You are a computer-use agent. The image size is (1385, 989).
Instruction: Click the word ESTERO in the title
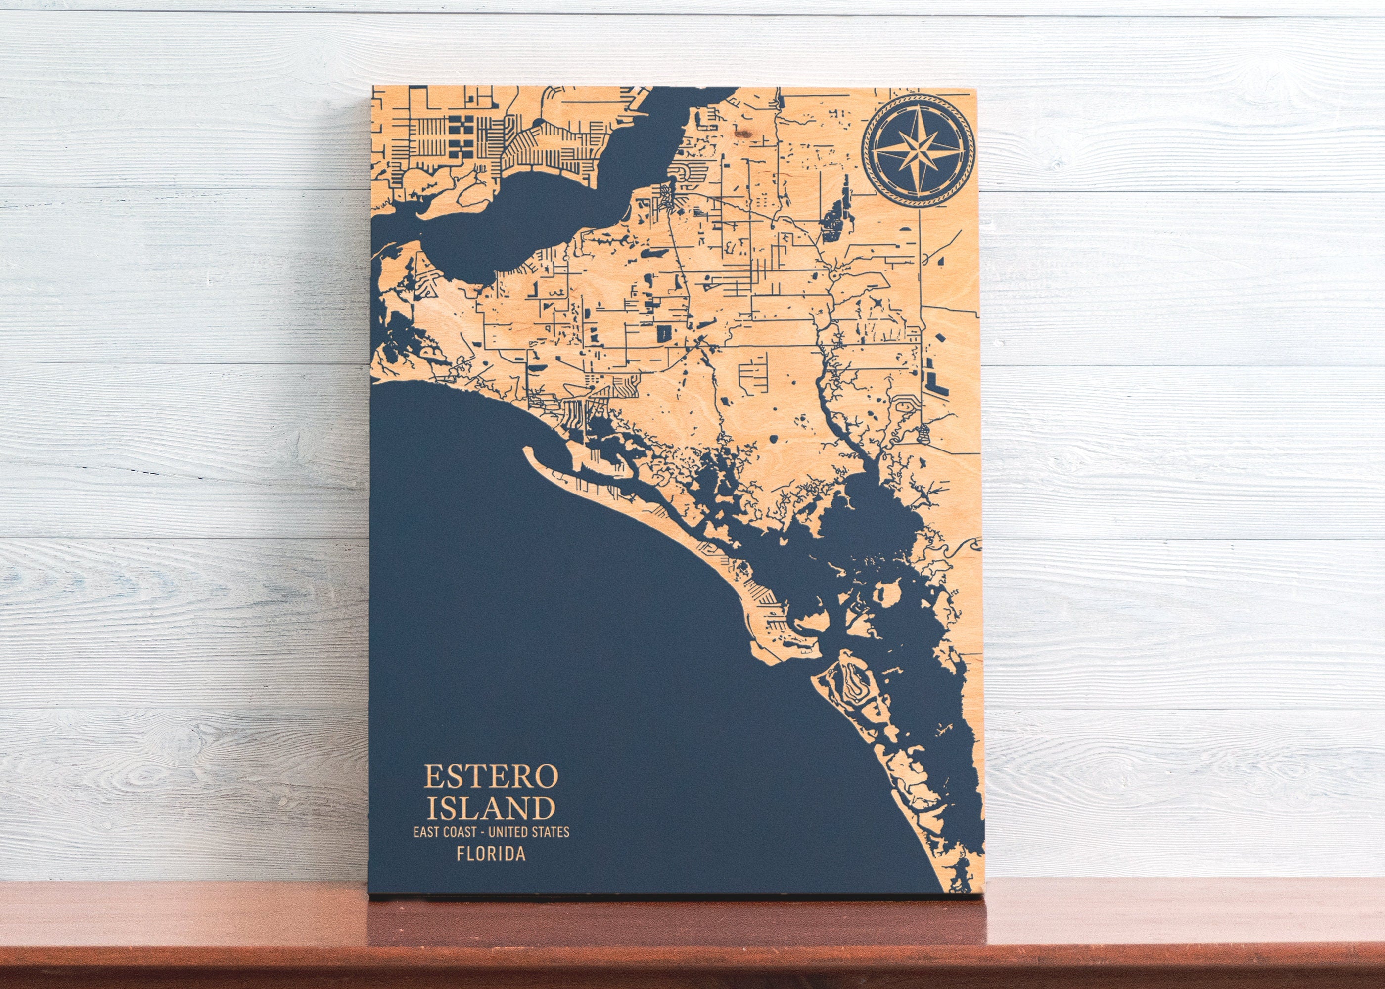click(x=491, y=776)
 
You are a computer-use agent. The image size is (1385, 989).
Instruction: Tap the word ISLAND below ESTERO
click(x=491, y=808)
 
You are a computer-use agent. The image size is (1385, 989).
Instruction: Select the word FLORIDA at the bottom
click(x=491, y=854)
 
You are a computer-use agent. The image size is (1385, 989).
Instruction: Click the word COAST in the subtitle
click(x=464, y=831)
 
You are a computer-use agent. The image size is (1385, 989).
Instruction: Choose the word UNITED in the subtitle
click(x=514, y=831)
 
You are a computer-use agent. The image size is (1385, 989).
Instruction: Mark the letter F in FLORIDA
click(x=461, y=854)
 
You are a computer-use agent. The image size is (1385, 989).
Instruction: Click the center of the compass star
click(x=919, y=149)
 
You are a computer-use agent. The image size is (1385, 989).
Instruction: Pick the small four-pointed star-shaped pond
click(x=877, y=302)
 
